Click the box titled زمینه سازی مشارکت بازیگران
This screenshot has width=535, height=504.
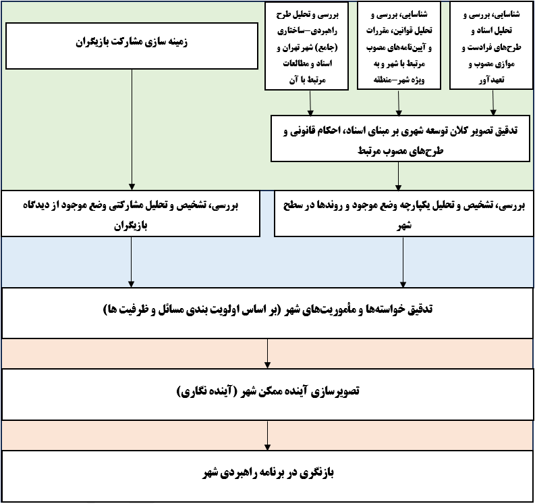[x=132, y=46]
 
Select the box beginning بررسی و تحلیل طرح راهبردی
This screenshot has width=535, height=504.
[x=306, y=46]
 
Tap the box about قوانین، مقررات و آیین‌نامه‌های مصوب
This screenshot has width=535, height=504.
[x=399, y=46]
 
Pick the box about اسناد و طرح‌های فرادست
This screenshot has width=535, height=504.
[x=491, y=46]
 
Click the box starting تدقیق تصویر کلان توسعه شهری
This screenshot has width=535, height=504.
[x=400, y=138]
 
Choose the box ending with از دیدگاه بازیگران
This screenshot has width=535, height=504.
[x=131, y=213]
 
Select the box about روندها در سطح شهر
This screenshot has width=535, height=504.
[x=404, y=213]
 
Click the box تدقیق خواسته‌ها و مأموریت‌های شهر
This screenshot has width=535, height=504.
[x=267, y=313]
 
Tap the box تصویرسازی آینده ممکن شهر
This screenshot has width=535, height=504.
[x=267, y=395]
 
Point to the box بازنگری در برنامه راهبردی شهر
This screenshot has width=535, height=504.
[x=267, y=476]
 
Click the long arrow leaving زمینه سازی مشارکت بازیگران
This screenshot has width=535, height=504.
[x=132, y=130]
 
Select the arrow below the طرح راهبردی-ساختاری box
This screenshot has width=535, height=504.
[x=310, y=103]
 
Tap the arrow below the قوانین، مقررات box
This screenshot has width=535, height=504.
[x=399, y=103]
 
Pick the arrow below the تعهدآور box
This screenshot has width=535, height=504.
[x=492, y=103]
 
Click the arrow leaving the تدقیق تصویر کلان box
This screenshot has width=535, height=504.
[x=398, y=176]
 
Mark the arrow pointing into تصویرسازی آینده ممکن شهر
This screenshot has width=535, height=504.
[x=267, y=353]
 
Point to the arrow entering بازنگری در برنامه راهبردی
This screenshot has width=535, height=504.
[x=267, y=435]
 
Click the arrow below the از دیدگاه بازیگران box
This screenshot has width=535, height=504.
[x=131, y=262]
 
